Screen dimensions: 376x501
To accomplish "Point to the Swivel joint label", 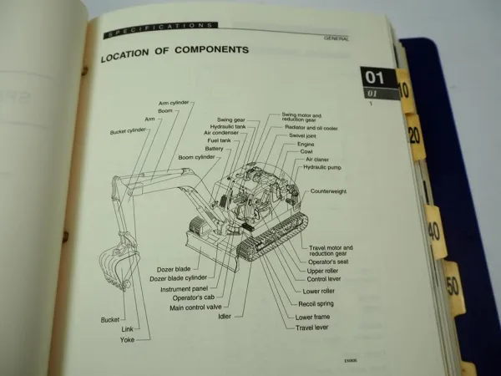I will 306,135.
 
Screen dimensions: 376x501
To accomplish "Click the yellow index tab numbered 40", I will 434,229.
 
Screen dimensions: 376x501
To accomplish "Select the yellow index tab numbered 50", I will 453,284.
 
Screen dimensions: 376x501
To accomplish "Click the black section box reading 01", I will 377,78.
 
